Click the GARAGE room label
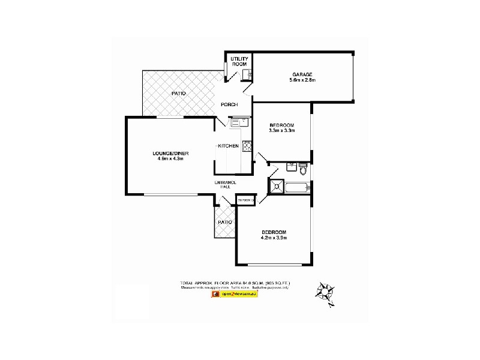pyautogui.click(x=302, y=74)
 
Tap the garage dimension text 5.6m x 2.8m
pyautogui.click(x=302, y=80)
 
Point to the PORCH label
pyautogui.click(x=229, y=104)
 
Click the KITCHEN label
pyautogui.click(x=228, y=146)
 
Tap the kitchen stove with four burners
pyautogui.click(x=246, y=145)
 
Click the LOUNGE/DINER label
pyautogui.click(x=173, y=154)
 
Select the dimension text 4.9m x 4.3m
pyautogui.click(x=173, y=159)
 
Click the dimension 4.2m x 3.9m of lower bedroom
pyautogui.click(x=274, y=238)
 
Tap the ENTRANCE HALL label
pyautogui.click(x=226, y=184)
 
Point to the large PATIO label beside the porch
pyautogui.click(x=178, y=94)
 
